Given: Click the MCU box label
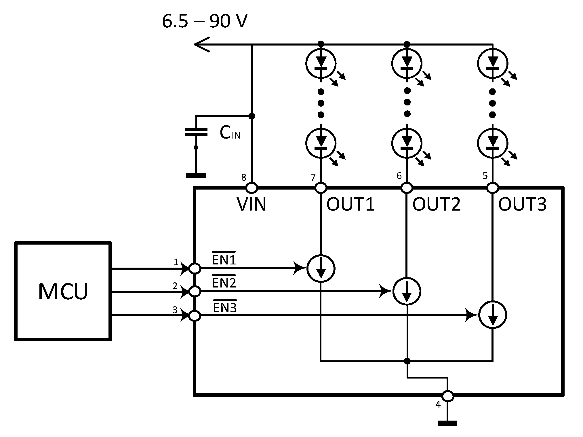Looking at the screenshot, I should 63,292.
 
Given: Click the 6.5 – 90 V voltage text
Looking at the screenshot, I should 205,22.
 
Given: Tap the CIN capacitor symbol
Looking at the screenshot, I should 196,132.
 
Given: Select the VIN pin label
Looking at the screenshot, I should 252,204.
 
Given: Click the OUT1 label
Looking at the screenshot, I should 350,204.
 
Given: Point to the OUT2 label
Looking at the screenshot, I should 437,204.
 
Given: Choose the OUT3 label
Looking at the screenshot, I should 522,204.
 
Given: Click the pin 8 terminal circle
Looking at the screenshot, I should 252,188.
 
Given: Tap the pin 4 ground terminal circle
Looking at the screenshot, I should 448,396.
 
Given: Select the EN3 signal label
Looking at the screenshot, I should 225,308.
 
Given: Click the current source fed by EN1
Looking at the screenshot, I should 321,268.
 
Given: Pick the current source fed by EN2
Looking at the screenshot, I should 407,291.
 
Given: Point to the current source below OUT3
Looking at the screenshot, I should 492,315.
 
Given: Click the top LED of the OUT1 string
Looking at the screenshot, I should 321,63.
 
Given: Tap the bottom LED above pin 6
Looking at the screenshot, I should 407,143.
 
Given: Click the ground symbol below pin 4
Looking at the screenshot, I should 447,423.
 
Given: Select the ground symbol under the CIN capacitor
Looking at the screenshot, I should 196,175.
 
